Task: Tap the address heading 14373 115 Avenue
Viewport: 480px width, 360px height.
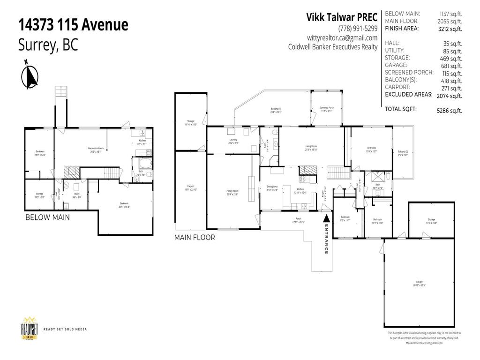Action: (73, 25)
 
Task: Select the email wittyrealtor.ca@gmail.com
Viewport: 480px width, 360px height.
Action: (342, 37)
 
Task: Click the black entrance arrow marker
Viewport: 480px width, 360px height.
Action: (327, 218)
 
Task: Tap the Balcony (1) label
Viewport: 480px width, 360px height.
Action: (276, 110)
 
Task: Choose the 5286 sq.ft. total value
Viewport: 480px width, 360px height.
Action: (449, 111)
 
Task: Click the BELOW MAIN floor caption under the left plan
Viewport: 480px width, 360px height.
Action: (48, 217)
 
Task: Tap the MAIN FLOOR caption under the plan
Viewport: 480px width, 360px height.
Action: (195, 238)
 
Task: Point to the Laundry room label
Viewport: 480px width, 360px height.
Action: (233, 140)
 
